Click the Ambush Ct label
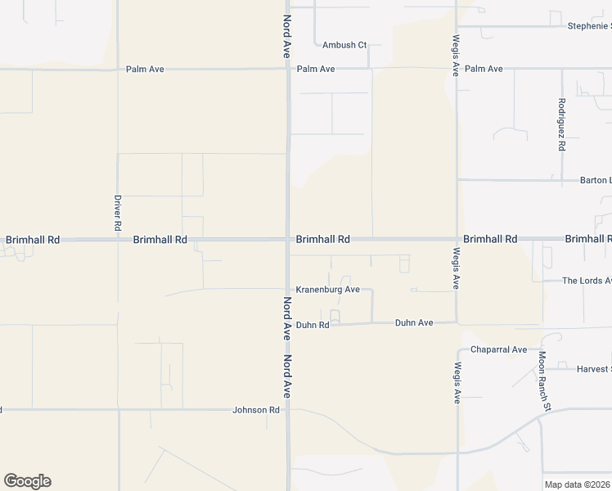pos(344,45)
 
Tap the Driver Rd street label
pos(118,211)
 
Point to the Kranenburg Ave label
pos(328,290)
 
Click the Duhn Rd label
pos(313,325)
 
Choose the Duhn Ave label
pos(414,323)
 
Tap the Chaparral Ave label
pos(498,350)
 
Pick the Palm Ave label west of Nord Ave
pos(145,70)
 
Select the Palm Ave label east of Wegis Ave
pos(484,69)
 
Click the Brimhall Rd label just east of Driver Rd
pos(160,240)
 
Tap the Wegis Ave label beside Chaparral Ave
pos(457,384)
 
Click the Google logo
pos(27,481)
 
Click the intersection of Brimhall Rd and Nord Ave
pos(287,240)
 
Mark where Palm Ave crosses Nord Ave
pos(287,70)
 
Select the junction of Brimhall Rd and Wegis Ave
pos(457,240)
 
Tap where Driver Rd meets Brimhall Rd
pos(118,240)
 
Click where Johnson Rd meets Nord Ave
pos(287,409)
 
